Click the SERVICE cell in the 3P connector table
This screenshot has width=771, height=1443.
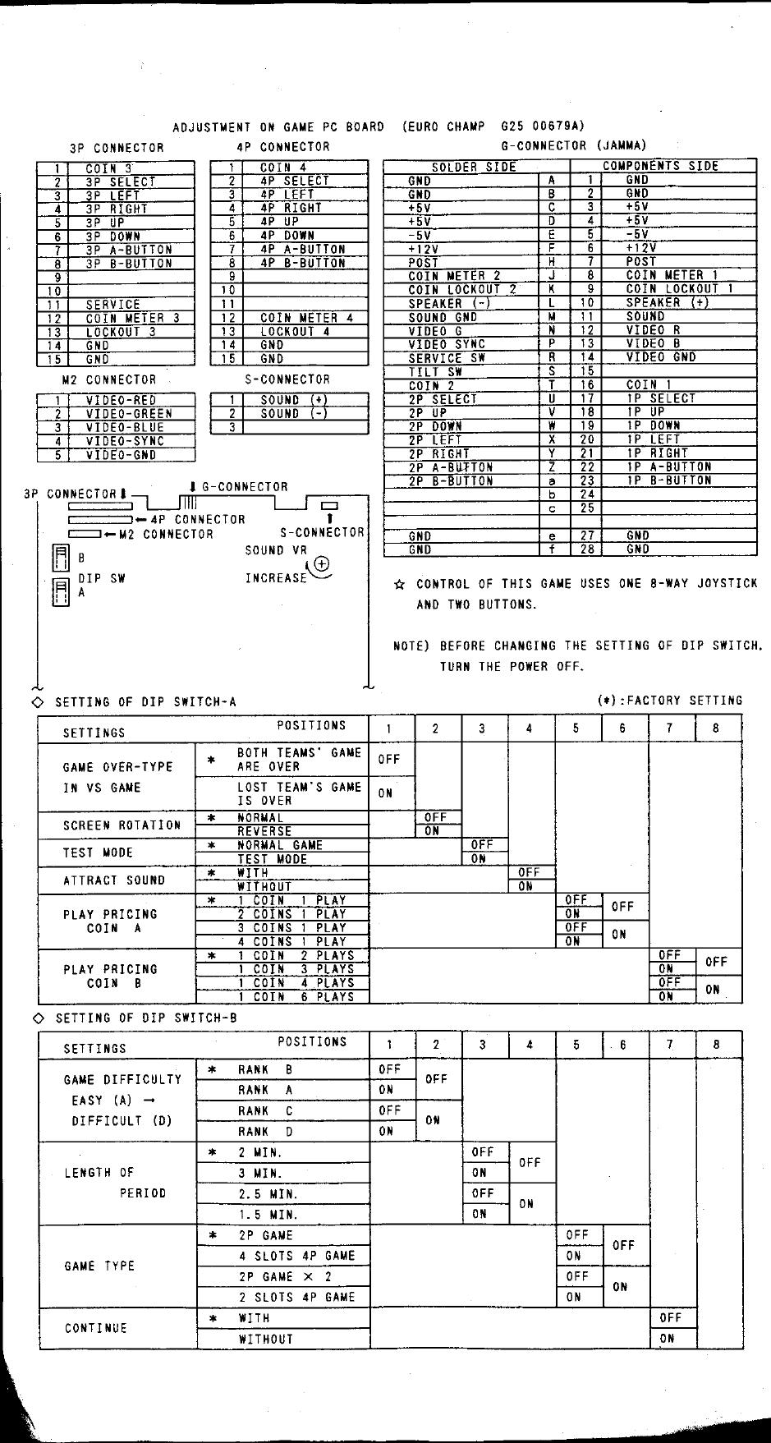click(x=112, y=305)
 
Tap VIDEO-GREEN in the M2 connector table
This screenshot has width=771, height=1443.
click(x=129, y=414)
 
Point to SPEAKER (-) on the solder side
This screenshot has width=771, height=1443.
click(x=448, y=303)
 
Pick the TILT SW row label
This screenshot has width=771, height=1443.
click(x=435, y=372)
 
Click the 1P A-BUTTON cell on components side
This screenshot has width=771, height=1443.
click(x=668, y=466)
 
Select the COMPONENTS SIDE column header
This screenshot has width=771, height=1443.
click(x=660, y=166)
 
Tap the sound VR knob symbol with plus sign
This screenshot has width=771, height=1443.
click(x=321, y=564)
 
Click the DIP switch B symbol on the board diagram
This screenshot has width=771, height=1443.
click(x=61, y=558)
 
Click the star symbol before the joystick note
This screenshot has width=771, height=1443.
click(x=400, y=585)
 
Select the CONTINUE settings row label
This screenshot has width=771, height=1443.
click(x=96, y=1328)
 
